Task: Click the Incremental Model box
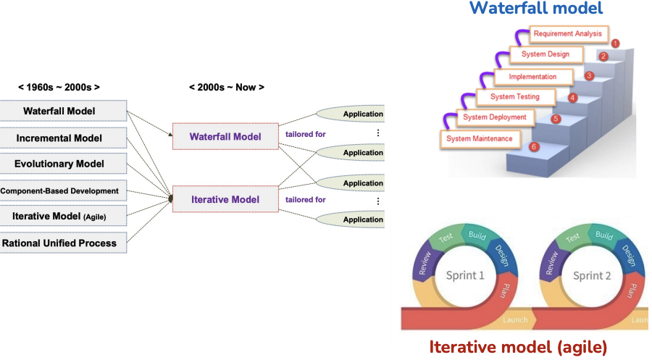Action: click(63, 138)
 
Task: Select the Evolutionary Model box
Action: click(63, 164)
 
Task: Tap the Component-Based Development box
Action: click(63, 191)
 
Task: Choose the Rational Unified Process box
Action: click(63, 243)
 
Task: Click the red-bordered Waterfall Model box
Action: click(225, 136)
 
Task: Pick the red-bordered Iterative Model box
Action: click(225, 199)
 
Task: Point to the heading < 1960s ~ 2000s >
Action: click(59, 87)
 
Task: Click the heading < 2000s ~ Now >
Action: click(226, 87)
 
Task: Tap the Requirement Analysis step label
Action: click(568, 33)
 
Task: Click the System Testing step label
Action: click(514, 96)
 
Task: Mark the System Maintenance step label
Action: click(479, 138)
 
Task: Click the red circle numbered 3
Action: click(590, 75)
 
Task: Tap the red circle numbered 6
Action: click(535, 147)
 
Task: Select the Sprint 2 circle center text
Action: click(593, 275)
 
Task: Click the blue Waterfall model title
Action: click(536, 9)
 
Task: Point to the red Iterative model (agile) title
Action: click(518, 347)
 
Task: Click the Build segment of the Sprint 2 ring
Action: click(603, 235)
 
